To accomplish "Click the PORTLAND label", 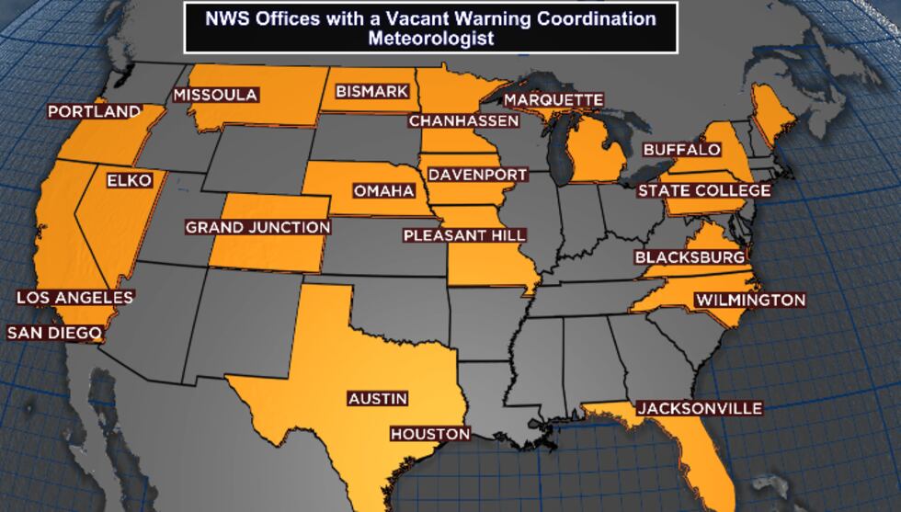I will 95,111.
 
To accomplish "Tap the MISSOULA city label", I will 215,95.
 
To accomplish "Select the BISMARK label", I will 371,92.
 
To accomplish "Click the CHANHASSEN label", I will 464,120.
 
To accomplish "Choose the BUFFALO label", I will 681,149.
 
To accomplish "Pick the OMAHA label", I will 384,191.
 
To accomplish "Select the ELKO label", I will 129,180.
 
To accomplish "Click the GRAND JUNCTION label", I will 257,227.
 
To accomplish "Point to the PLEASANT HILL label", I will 465,235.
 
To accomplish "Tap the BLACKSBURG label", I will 690,257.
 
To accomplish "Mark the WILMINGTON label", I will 750,300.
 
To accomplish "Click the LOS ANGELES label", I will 75,298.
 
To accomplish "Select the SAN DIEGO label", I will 53,333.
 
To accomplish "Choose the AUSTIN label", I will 377,399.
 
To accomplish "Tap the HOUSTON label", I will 430,434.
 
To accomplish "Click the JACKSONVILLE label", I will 700,408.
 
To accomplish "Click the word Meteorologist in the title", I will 431,39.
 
